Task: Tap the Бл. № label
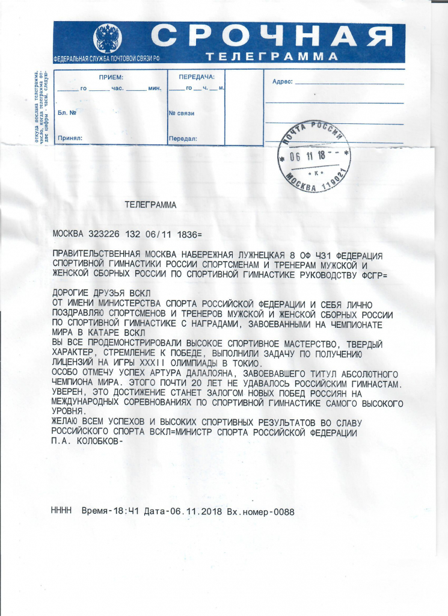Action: (67, 112)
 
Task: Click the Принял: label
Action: (70, 138)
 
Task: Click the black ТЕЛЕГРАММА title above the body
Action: (150, 205)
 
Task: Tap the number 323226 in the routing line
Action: (104, 233)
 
